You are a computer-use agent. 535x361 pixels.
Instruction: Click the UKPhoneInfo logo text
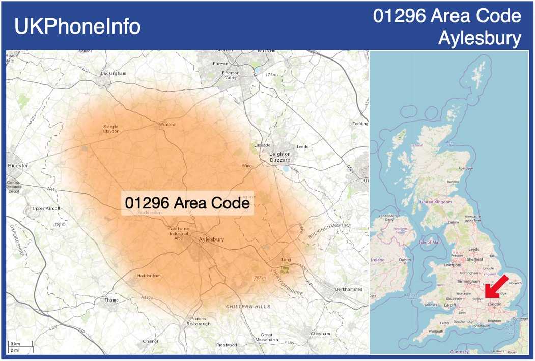coord(77,26)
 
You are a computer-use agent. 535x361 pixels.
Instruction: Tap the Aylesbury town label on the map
coord(212,239)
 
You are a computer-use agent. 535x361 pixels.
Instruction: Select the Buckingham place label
coord(113,73)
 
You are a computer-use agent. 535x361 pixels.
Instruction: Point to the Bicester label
coord(18,166)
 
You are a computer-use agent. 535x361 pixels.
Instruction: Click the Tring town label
coord(286,260)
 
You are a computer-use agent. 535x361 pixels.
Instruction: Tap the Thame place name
coord(111,300)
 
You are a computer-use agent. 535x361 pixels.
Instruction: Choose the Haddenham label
coord(149,276)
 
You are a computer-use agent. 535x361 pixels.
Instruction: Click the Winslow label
coord(167,124)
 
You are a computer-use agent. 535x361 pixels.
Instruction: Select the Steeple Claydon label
coord(111,129)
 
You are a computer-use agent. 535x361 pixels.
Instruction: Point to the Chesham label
coord(320,334)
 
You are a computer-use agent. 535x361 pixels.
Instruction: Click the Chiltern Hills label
coord(248,307)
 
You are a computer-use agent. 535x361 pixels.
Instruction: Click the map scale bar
coord(20,347)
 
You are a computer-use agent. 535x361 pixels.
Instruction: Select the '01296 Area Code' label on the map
coord(187,203)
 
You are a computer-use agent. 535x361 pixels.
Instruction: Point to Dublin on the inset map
coord(405,260)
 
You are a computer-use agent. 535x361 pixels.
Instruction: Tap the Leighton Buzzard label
coord(280,157)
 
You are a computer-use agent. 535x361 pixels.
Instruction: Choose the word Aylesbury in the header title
coord(480,38)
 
